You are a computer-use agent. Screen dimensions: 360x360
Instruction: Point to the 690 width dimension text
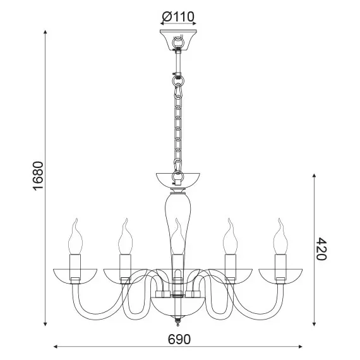point(179,339)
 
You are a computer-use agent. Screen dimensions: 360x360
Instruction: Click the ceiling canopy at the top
point(179,39)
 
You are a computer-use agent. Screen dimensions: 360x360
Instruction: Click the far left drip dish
point(75,273)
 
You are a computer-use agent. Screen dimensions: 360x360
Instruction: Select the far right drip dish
point(280,273)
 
